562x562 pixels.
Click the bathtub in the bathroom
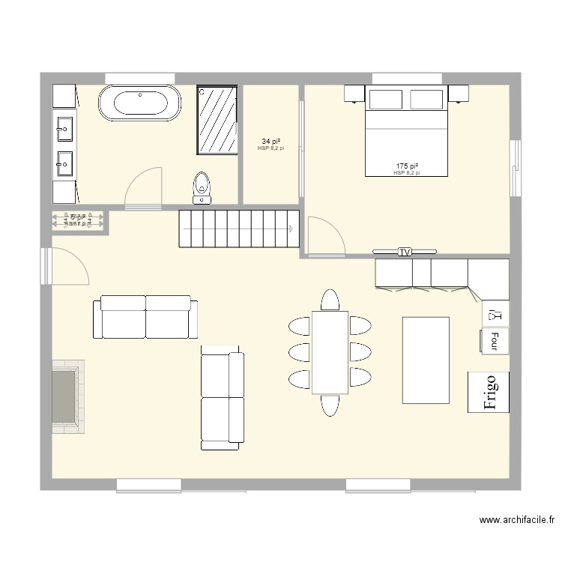(140, 103)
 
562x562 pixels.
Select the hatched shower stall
(217, 121)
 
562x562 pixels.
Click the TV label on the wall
(405, 252)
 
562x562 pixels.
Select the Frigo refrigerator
(489, 391)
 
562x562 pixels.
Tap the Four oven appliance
(495, 341)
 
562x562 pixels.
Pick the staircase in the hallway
(238, 229)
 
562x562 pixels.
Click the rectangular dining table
(330, 351)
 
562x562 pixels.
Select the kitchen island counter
(426, 360)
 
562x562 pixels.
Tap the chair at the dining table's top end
(330, 300)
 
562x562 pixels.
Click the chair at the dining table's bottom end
(330, 405)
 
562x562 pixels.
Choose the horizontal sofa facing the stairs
(145, 316)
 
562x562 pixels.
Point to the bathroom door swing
(142, 187)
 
